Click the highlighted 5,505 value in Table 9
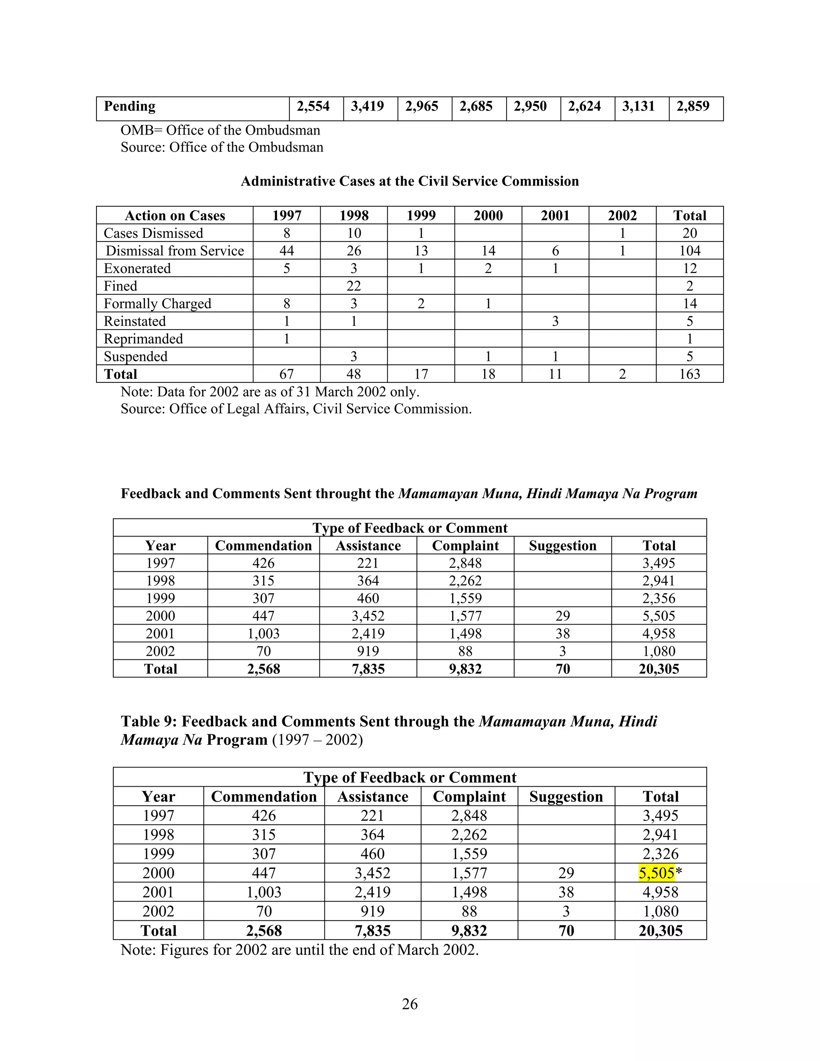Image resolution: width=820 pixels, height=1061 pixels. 656,873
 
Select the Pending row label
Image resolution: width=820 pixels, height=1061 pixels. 130,107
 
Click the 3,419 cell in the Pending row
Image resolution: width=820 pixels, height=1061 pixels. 367,107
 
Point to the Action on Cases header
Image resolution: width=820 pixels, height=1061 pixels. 175,216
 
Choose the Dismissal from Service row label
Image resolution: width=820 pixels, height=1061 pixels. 175,251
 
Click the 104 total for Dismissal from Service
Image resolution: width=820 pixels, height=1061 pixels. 689,251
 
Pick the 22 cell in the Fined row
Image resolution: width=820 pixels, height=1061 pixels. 354,286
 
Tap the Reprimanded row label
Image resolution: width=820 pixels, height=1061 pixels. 143,339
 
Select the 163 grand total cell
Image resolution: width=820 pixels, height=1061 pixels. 689,374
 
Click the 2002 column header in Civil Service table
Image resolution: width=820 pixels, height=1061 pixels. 622,216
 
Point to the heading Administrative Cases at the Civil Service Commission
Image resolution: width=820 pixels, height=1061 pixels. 410,181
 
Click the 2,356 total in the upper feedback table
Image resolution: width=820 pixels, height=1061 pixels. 659,599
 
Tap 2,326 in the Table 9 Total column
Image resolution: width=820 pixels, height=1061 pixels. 660,854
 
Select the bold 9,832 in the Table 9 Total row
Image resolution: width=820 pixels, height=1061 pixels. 469,930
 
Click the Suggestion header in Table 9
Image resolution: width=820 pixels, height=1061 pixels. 566,797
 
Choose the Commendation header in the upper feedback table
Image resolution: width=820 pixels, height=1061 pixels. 263,546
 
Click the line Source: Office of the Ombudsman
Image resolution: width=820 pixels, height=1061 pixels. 222,147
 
